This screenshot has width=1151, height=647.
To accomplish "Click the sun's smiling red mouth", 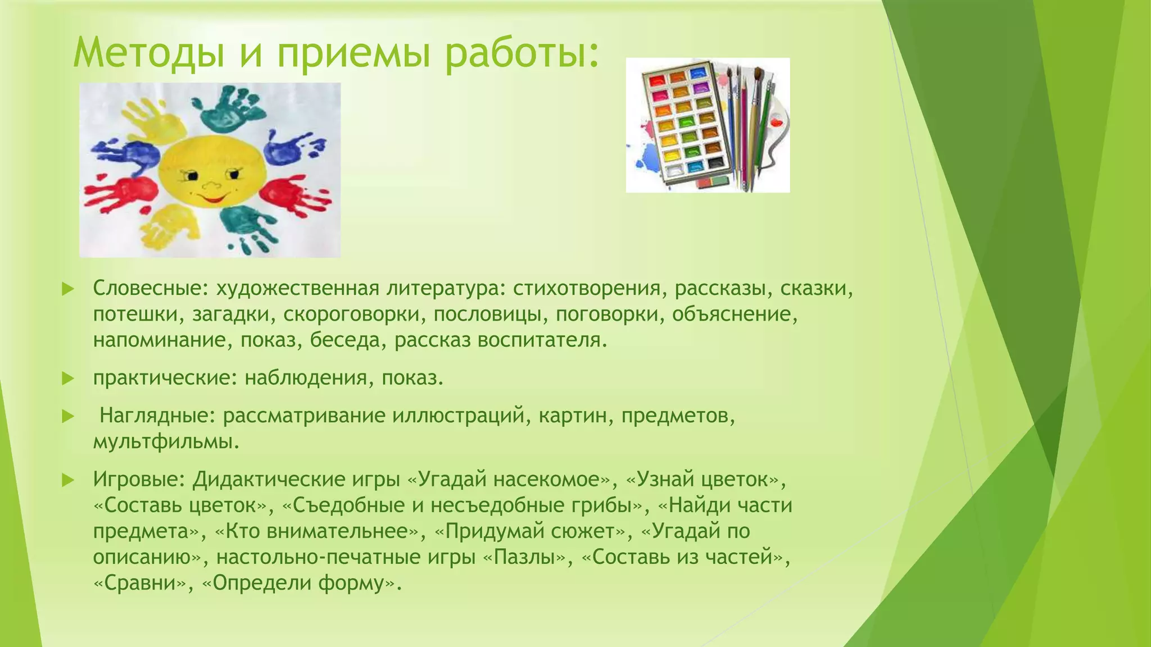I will click(x=214, y=198).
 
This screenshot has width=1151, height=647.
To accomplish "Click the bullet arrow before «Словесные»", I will click(x=68, y=289).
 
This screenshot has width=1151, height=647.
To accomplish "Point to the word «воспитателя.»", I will click(x=542, y=340).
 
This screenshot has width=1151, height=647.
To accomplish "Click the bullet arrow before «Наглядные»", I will click(x=68, y=416).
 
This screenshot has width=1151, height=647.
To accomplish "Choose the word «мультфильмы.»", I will click(x=166, y=442).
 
